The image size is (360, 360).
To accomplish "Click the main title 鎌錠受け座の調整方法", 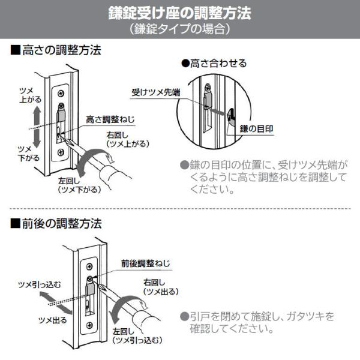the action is [180, 13].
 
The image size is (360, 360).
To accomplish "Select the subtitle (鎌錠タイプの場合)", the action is [180, 29].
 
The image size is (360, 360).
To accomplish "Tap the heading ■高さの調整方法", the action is [56, 50].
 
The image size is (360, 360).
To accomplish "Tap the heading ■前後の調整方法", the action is [56, 224].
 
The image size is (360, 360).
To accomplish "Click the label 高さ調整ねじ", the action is [110, 119].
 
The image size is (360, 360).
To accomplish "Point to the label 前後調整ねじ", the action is [146, 263].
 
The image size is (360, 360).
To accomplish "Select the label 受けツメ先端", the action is [156, 92].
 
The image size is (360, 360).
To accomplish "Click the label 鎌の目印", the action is [256, 129].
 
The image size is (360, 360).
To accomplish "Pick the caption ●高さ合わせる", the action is [214, 64].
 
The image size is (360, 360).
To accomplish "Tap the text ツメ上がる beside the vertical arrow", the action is [30, 95].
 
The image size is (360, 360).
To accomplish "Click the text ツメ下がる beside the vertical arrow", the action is [29, 154].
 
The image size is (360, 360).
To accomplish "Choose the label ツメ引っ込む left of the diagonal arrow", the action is [40, 285].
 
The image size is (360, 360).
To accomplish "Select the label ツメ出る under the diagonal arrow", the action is [53, 320].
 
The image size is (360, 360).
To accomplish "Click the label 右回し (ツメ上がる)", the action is [128, 140].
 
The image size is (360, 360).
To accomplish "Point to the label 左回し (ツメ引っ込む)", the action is [137, 336].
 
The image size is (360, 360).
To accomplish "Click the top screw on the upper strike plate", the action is [61, 94].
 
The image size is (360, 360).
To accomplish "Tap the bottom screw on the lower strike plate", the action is [89, 325].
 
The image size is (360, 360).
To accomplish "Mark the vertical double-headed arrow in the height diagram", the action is [37, 128].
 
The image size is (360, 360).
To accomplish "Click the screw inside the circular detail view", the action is [208, 87].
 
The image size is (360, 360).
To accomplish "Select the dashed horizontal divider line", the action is [180, 209].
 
